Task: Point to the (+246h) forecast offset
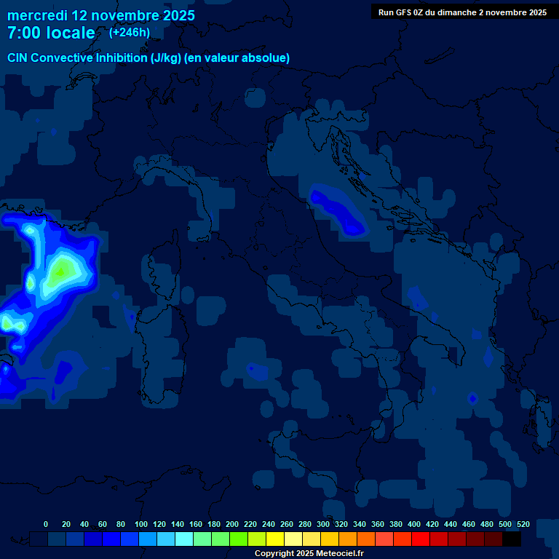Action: (x=130, y=32)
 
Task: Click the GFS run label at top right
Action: (x=462, y=12)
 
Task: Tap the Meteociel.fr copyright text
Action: (x=309, y=553)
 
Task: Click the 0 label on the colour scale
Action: (x=46, y=524)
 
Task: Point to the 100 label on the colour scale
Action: (x=141, y=524)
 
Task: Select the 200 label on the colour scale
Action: (x=232, y=524)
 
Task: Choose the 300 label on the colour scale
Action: (x=323, y=524)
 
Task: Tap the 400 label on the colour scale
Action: (x=414, y=524)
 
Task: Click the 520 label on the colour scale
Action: (x=523, y=524)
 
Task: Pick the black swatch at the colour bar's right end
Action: (x=512, y=539)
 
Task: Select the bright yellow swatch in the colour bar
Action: (x=275, y=539)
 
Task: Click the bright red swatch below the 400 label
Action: (x=421, y=539)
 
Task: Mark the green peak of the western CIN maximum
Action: (x=61, y=271)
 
